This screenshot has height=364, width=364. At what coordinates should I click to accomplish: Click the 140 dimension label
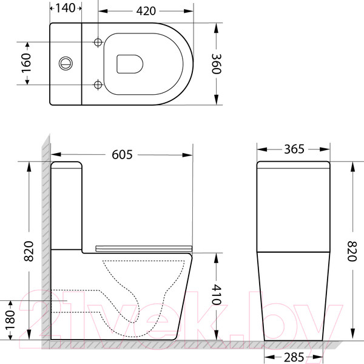pos(66,8)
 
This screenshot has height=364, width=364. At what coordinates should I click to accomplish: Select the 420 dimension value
pos(146,11)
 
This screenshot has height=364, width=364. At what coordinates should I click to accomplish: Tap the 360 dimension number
pos(217,64)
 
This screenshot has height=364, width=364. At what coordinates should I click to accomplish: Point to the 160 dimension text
pos(26,63)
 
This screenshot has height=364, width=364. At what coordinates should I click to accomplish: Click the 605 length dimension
pos(122,154)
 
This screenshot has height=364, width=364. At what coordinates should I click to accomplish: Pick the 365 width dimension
pos(294,149)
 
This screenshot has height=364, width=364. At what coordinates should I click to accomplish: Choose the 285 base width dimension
pos(294,357)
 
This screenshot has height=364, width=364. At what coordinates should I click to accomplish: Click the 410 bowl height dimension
pos(217,294)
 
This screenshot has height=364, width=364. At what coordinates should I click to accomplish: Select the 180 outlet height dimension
pos(10,320)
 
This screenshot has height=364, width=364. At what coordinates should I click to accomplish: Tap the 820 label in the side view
pos(29,251)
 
